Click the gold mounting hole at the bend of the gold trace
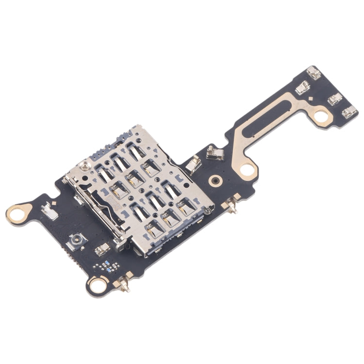248,169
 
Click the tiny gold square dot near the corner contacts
308,99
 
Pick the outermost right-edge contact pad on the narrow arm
349,113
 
